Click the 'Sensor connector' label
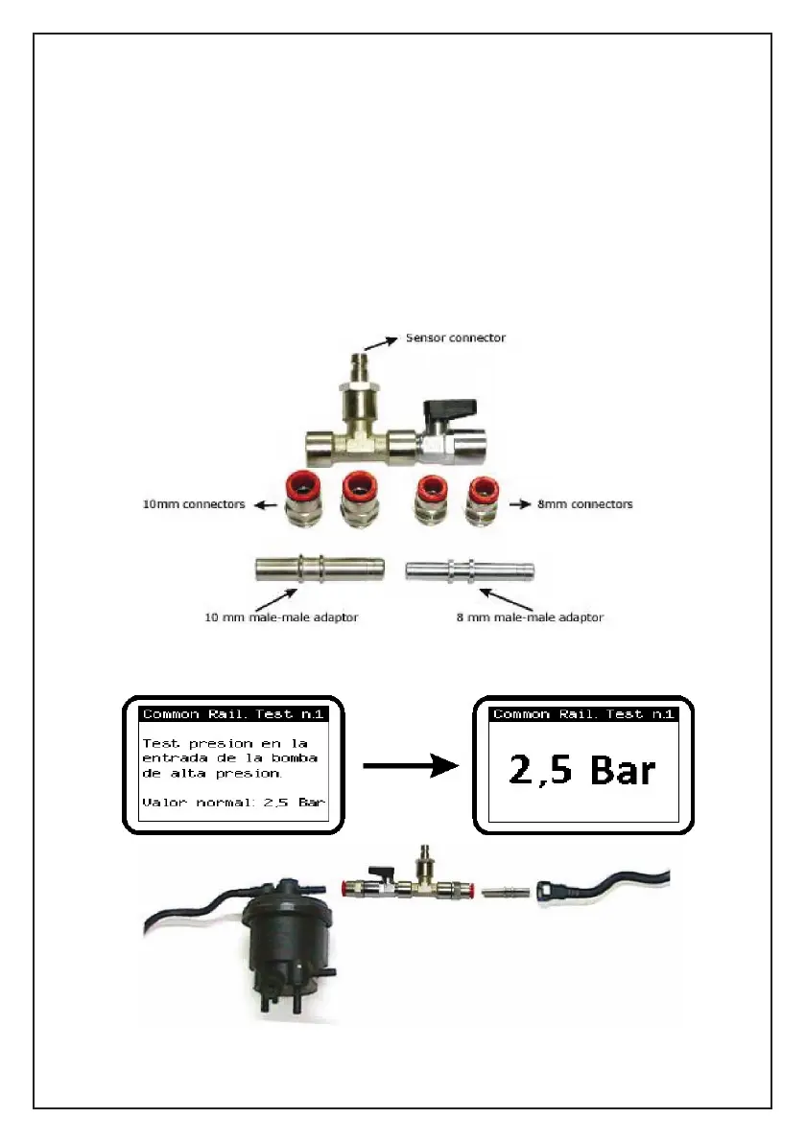[x=455, y=338]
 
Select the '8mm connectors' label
[x=585, y=503]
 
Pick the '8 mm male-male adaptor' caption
[x=530, y=617]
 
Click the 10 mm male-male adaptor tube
[x=319, y=569]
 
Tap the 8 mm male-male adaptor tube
[x=468, y=570]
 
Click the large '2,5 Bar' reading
[x=582, y=770]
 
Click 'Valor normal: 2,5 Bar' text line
[x=233, y=802]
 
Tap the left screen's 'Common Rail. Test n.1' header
[x=233, y=714]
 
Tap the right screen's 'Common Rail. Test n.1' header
[x=584, y=714]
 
